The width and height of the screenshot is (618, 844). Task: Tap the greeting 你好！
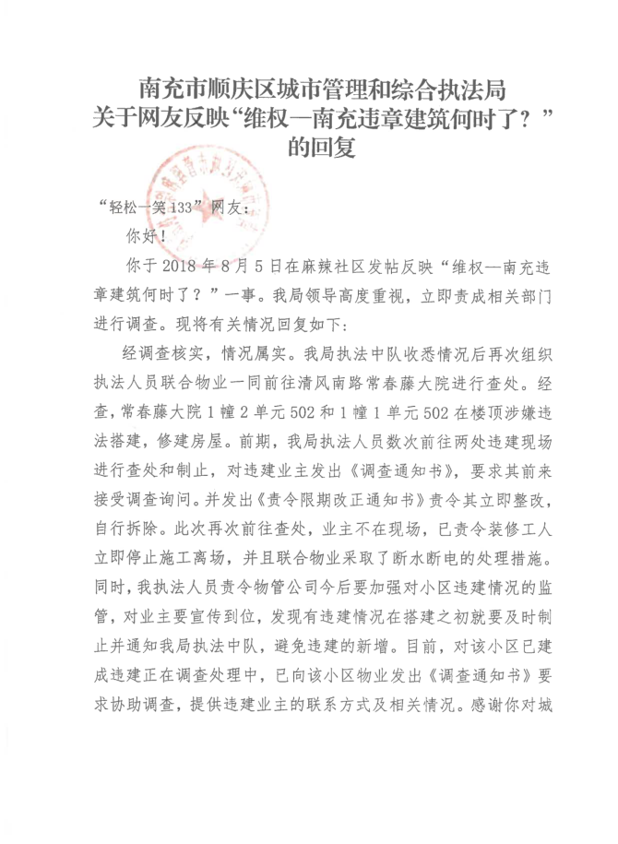pos(147,235)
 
